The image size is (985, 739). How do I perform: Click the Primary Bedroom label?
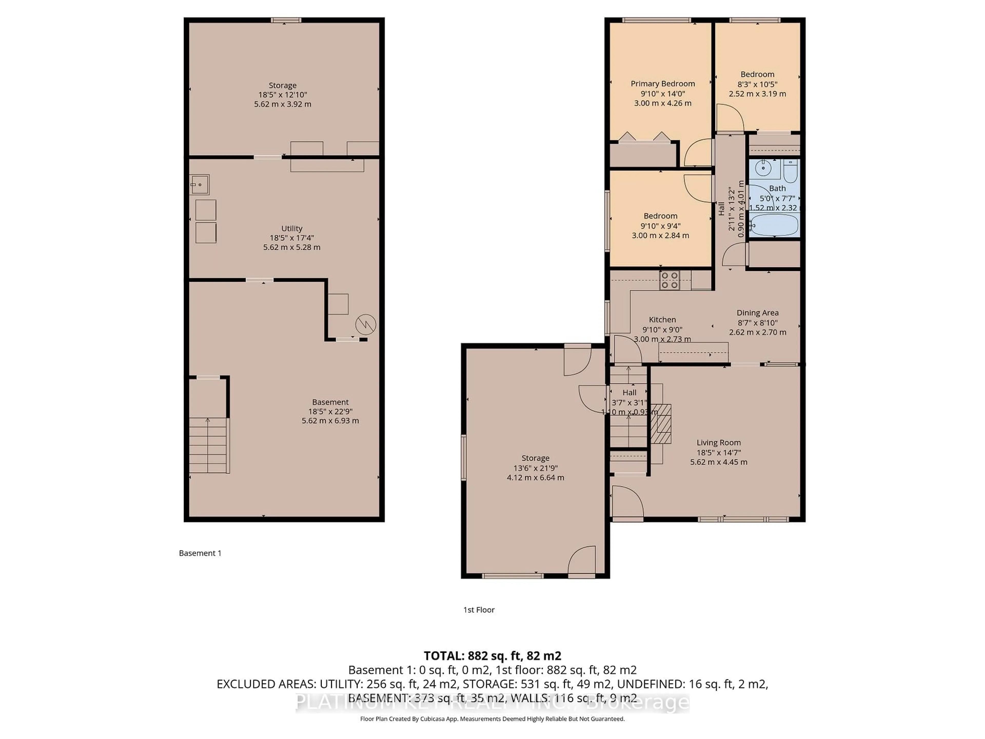pyautogui.click(x=663, y=84)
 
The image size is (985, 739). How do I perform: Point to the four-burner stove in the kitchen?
pyautogui.click(x=669, y=280)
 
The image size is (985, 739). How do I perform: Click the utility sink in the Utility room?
pyautogui.click(x=200, y=184)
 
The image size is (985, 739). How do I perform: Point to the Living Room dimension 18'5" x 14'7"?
pyautogui.click(x=719, y=452)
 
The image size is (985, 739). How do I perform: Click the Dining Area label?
pyautogui.click(x=757, y=313)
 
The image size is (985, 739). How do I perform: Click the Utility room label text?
pyautogui.click(x=292, y=228)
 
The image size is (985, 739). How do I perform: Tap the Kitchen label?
pyautogui.click(x=662, y=319)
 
